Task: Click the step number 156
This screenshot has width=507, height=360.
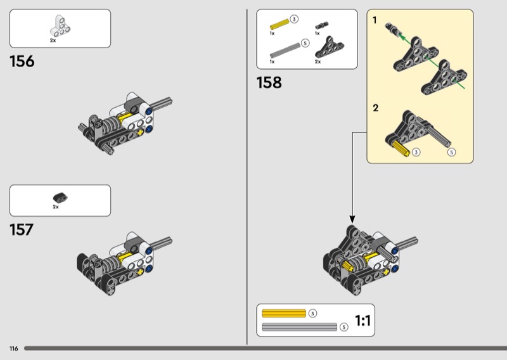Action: pos(22,61)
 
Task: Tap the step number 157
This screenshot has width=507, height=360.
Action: pos(22,229)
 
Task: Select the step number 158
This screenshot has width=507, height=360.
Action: pos(269,82)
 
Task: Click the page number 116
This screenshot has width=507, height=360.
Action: pos(13,349)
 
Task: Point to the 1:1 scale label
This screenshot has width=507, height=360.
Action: pos(363,321)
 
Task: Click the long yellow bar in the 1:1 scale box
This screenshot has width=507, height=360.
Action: pos(283,313)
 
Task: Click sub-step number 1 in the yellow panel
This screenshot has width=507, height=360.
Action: pos(375,20)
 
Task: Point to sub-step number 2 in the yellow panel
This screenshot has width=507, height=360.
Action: pos(375,108)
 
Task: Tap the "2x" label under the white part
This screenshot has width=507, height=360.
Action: pos(53,40)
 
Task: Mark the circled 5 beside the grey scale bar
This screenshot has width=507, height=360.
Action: pos(343,327)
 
